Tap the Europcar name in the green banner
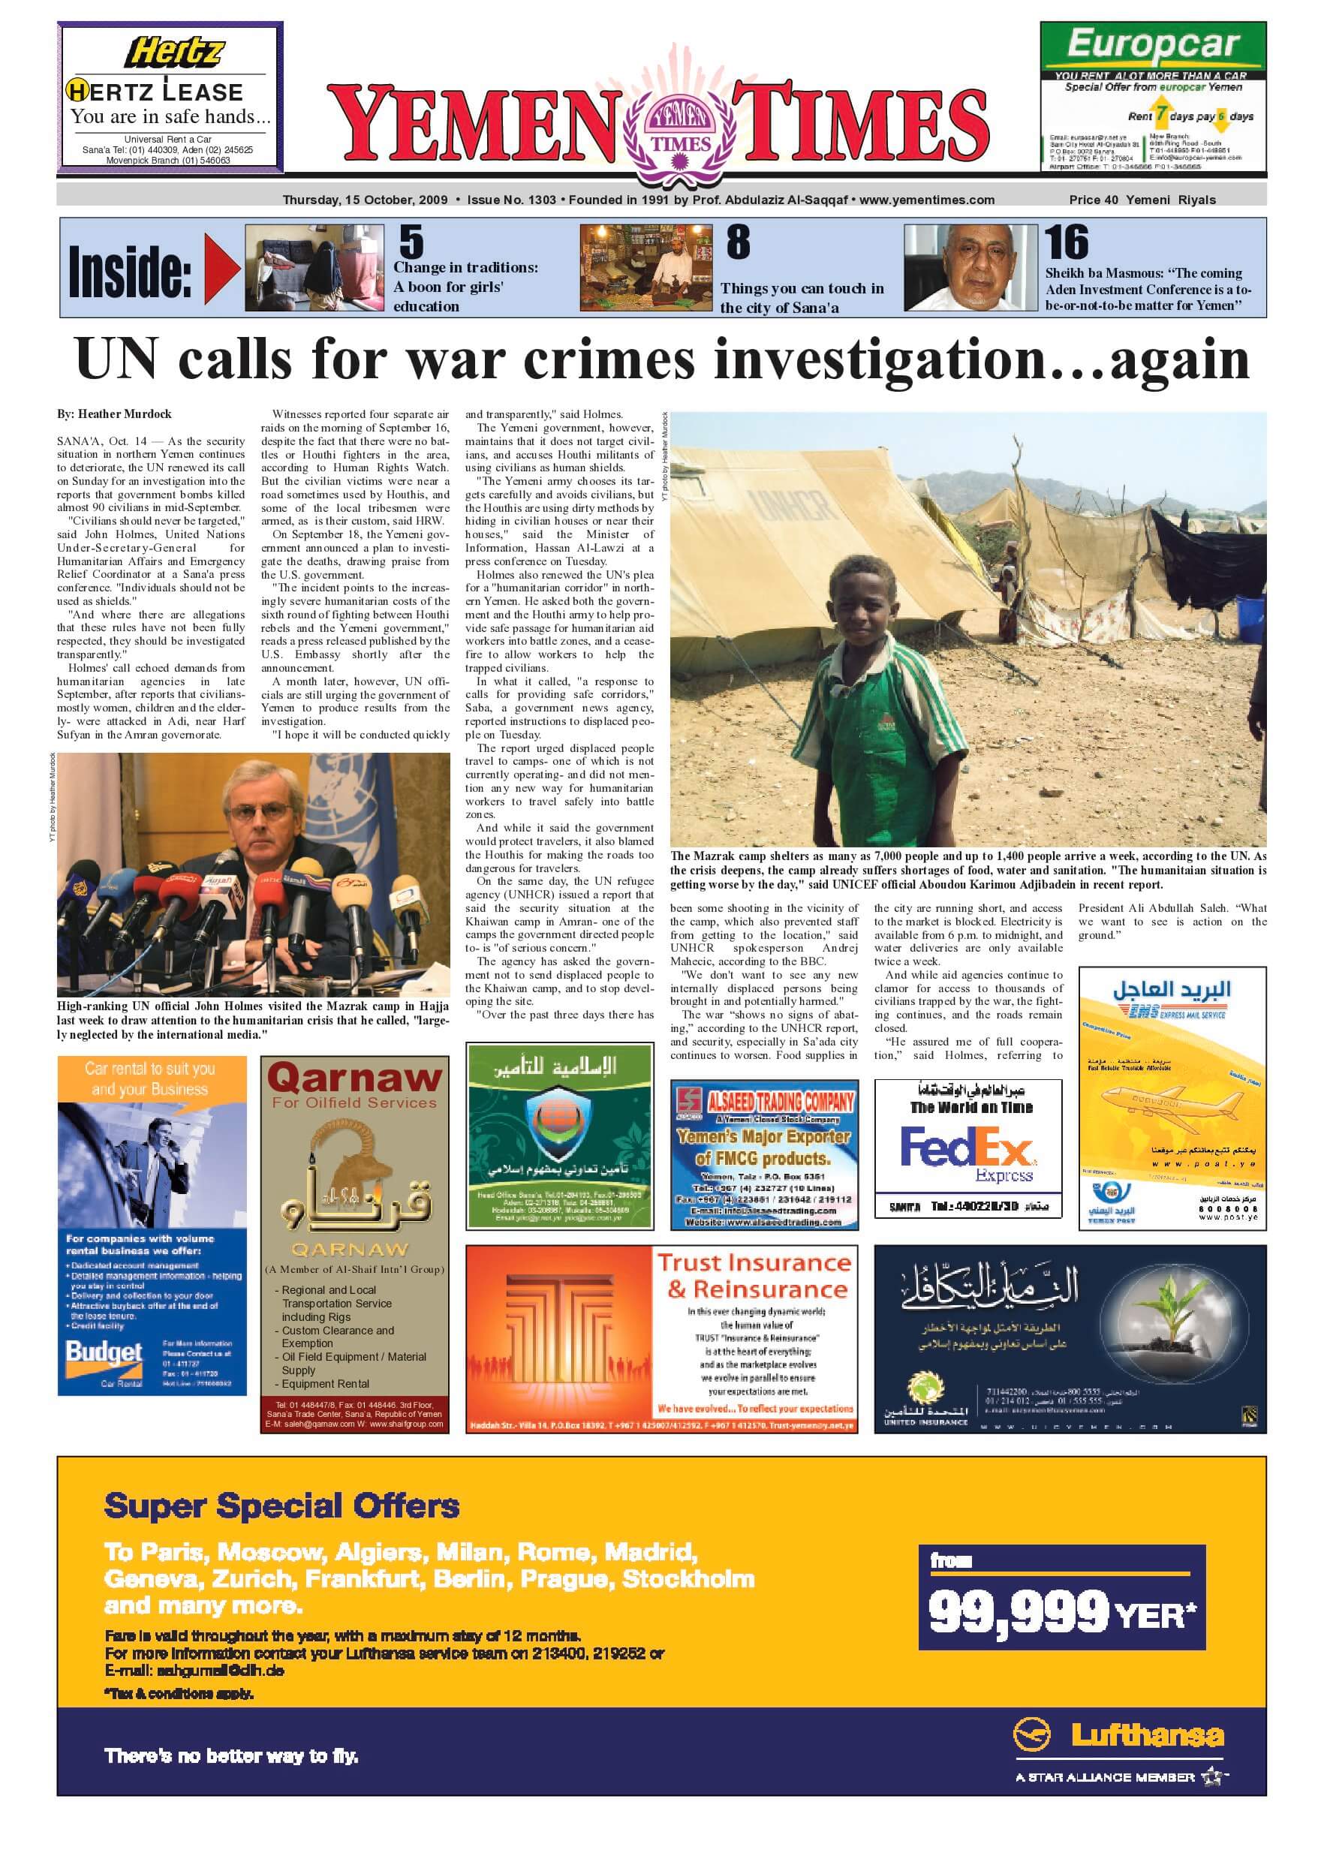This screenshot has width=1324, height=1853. tap(1152, 44)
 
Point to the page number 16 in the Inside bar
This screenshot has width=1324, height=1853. tap(1067, 242)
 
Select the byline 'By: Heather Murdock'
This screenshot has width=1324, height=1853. tap(114, 414)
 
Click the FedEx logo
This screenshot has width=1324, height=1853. tap(967, 1148)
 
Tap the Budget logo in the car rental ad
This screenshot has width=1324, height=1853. tap(104, 1355)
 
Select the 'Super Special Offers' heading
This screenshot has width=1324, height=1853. tap(281, 1506)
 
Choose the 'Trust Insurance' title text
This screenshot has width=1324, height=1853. tap(754, 1263)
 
